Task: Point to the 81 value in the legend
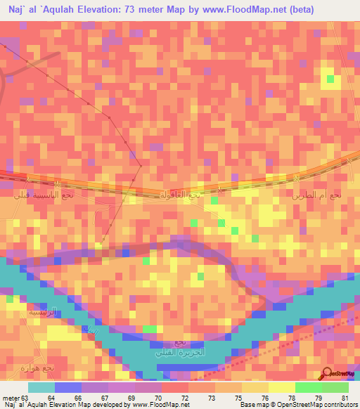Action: [345, 398]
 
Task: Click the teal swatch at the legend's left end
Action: [41, 387]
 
